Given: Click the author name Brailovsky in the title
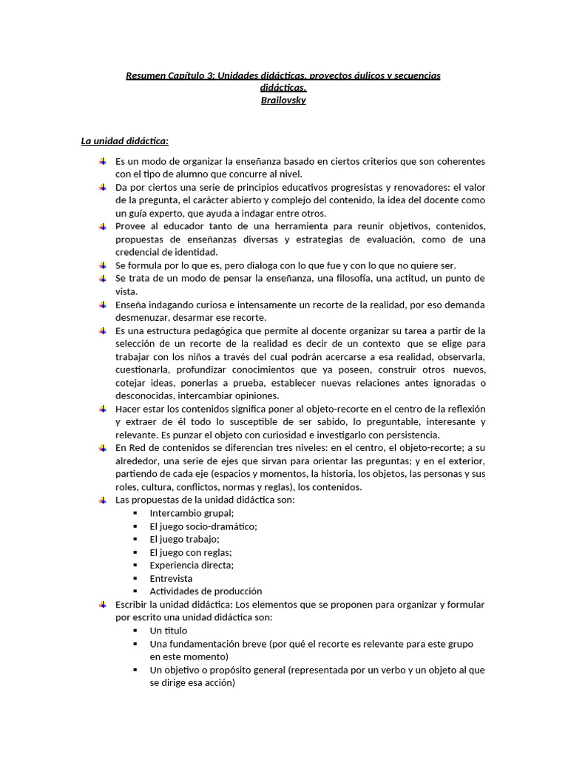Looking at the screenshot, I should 283,100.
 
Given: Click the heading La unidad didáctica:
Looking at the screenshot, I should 125,141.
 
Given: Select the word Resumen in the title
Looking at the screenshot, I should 146,75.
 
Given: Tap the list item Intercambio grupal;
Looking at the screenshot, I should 192,513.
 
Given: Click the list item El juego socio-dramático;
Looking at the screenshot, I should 203,526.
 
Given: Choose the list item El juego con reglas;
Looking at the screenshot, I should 190,552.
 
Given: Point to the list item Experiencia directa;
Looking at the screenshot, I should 192,566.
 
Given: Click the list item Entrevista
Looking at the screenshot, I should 171,578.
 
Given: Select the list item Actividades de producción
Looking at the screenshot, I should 206,591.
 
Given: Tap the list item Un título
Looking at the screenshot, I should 168,631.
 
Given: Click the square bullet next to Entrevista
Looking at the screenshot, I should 135,578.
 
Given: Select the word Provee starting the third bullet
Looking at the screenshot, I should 130,226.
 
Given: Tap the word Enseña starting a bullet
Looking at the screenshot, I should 131,305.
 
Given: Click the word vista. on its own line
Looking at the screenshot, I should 126,291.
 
